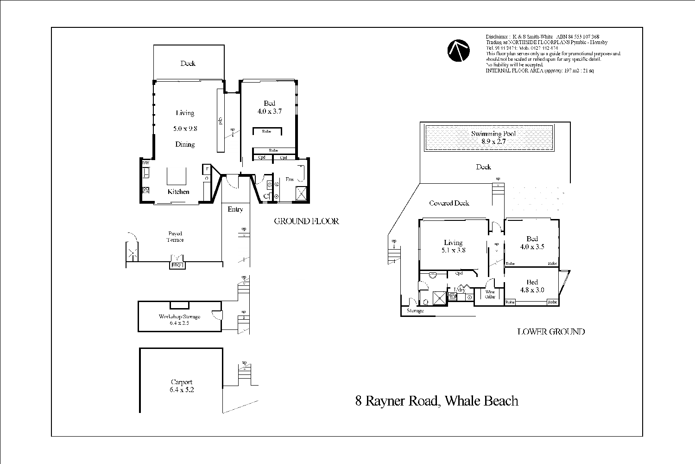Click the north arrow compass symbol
coord(459,51)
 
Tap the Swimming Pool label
coord(493,134)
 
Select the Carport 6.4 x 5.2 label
coord(182,386)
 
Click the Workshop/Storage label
coord(179,317)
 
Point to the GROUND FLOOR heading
coord(306,221)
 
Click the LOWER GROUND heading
coord(550,332)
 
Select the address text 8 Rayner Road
coord(436,401)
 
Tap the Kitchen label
coord(178,192)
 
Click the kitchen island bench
coord(177,176)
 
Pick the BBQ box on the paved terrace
coord(177,265)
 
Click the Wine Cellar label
coord(490,294)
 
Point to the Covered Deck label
coord(449,203)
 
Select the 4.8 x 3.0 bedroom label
coord(532,290)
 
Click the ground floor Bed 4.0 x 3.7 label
coord(269,107)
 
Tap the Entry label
coord(235,209)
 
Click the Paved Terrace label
coord(175,237)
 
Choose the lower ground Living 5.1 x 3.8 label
coord(453,246)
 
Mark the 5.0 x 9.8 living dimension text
coord(185,129)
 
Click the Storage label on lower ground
coord(415,311)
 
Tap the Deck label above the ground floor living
coord(188,64)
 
